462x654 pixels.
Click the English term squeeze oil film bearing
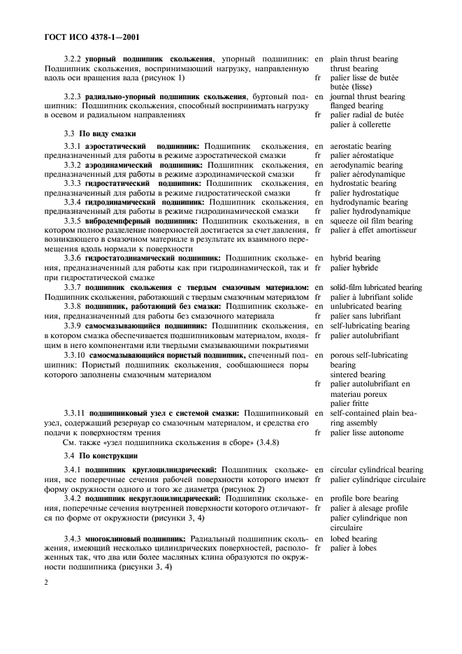[373, 221]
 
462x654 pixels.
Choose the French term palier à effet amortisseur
[373, 230]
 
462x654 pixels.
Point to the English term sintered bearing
[357, 375]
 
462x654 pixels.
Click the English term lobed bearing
[354, 539]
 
